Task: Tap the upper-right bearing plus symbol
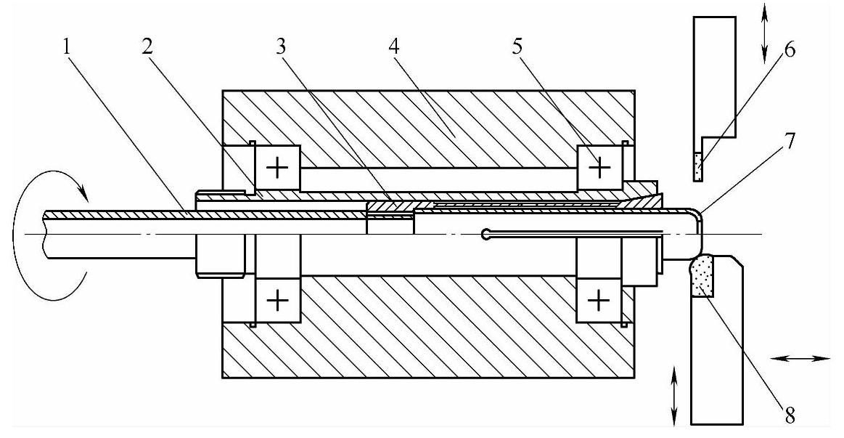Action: click(599, 169)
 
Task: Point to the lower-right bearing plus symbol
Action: click(599, 299)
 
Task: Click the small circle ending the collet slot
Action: click(484, 234)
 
